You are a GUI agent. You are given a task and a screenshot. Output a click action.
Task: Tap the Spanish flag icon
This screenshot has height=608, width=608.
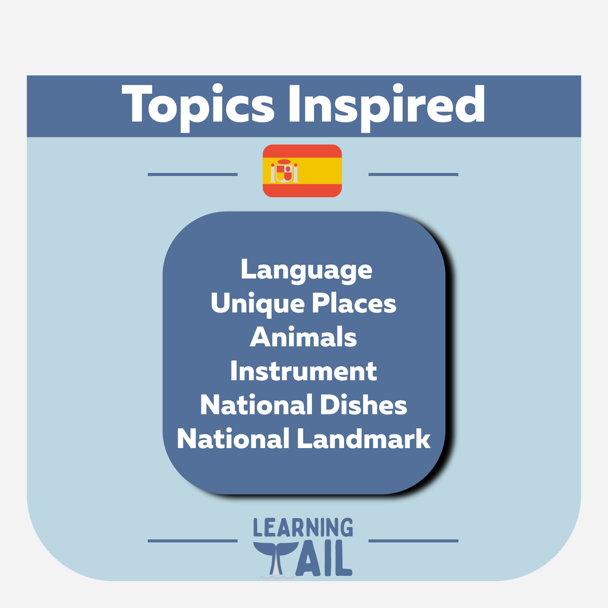tap(302, 171)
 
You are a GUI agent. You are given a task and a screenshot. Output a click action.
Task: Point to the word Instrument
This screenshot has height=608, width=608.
tap(303, 371)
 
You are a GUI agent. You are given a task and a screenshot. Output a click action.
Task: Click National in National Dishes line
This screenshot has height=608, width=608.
tap(256, 405)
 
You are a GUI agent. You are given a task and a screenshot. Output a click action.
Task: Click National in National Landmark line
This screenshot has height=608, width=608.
tap(233, 439)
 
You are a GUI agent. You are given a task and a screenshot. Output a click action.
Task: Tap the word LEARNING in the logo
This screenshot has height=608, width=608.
tap(303, 528)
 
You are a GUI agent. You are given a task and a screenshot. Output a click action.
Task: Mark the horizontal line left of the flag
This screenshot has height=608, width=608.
tap(192, 174)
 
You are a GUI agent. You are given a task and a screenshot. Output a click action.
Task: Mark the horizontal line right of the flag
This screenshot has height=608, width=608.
tap(413, 174)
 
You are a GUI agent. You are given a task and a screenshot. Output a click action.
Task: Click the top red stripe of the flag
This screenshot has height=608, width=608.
tap(302, 150)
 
